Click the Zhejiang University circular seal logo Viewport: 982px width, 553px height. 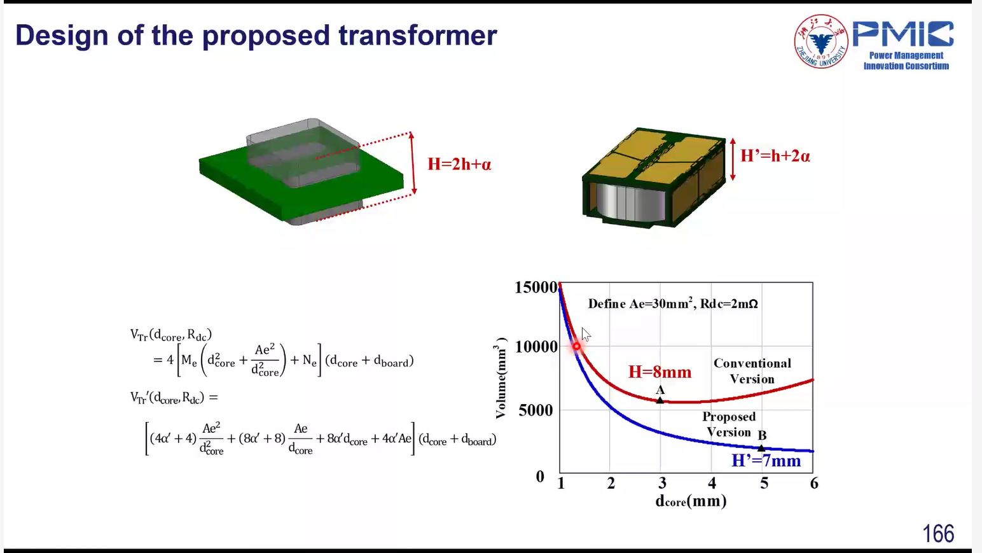pyautogui.click(x=821, y=41)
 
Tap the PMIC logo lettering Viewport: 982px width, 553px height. pyautogui.click(x=903, y=34)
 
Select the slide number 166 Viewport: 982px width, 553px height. pyautogui.click(x=938, y=534)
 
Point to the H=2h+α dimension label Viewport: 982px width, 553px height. pyautogui.click(x=459, y=164)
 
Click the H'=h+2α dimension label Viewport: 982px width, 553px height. pyautogui.click(x=775, y=156)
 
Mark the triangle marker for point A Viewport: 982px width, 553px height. pyautogui.click(x=660, y=400)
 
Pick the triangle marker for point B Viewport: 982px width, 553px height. pyautogui.click(x=761, y=448)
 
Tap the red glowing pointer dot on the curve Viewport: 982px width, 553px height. pyautogui.click(x=576, y=346)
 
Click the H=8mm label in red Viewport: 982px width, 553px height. pyautogui.click(x=660, y=372)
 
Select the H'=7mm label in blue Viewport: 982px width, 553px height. pyautogui.click(x=766, y=461)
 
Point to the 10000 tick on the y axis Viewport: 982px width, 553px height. pyautogui.click(x=536, y=347)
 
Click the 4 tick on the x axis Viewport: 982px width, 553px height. pyautogui.click(x=712, y=483)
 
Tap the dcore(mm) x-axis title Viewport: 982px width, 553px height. pyautogui.click(x=691, y=501)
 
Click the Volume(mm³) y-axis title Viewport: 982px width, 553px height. pyautogui.click(x=501, y=378)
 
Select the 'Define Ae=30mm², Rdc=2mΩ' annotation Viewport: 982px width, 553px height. pyautogui.click(x=673, y=303)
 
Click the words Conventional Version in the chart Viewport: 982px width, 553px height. pyautogui.click(x=752, y=371)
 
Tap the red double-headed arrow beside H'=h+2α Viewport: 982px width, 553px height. pyautogui.click(x=732, y=159)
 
